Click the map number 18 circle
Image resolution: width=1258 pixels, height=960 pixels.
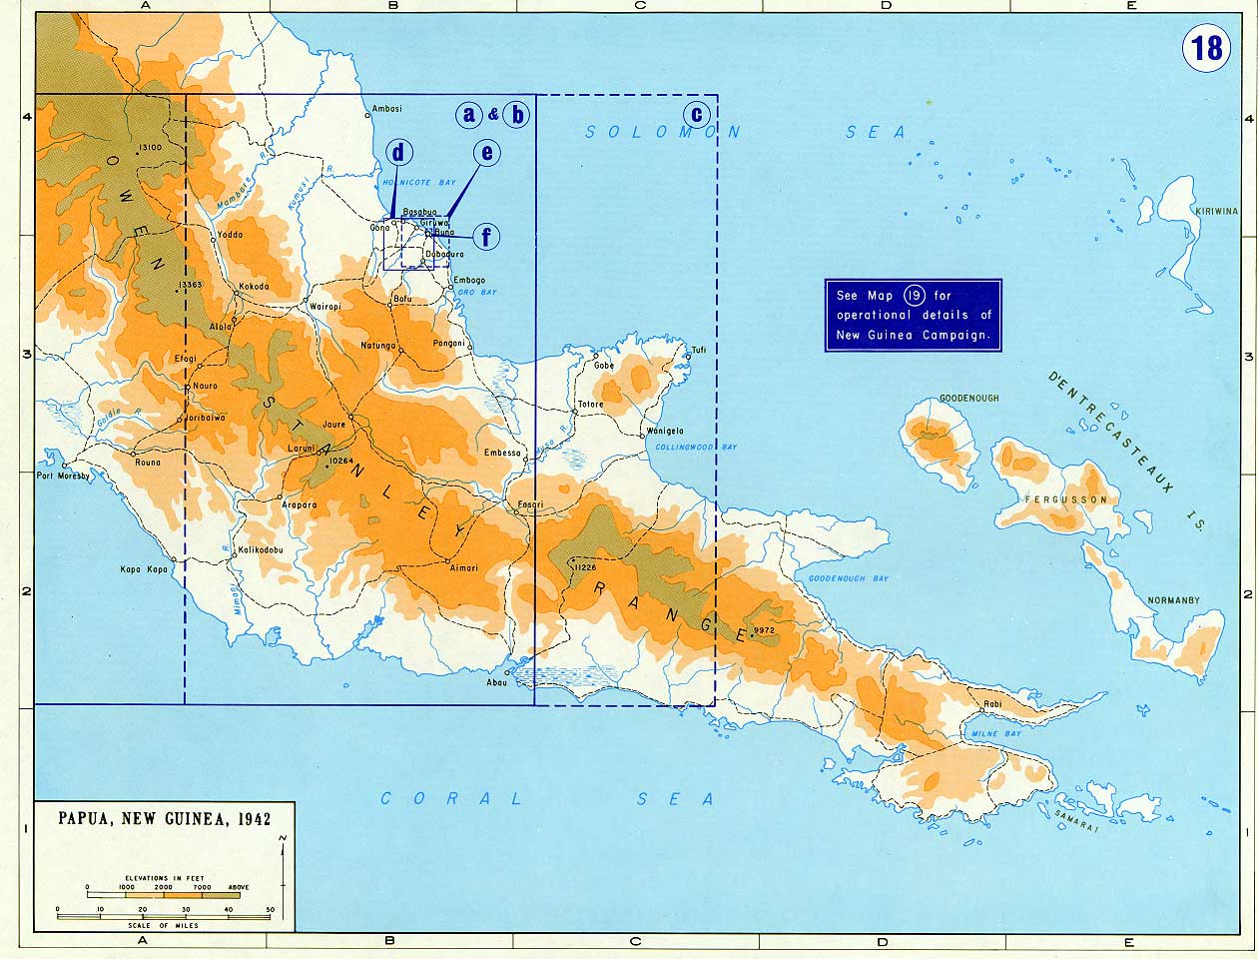(x=1207, y=46)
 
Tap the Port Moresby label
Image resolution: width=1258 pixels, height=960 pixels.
(x=64, y=477)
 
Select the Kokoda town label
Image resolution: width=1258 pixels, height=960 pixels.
(x=254, y=288)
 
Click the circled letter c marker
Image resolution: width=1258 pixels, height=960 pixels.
(x=697, y=113)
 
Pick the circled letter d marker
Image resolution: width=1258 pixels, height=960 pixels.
(x=399, y=152)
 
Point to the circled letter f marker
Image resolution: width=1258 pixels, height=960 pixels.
(x=486, y=237)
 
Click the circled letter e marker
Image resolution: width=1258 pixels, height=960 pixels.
(x=486, y=152)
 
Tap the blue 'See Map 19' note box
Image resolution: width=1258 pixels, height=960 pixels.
(x=913, y=315)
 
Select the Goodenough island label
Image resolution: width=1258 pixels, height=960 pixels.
(x=967, y=399)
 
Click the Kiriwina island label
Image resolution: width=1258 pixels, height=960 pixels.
(x=1217, y=212)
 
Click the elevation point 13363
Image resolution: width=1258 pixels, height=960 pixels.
(x=190, y=286)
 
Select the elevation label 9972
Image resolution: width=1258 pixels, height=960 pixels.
(x=765, y=630)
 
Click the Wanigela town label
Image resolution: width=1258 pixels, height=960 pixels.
(x=665, y=431)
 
